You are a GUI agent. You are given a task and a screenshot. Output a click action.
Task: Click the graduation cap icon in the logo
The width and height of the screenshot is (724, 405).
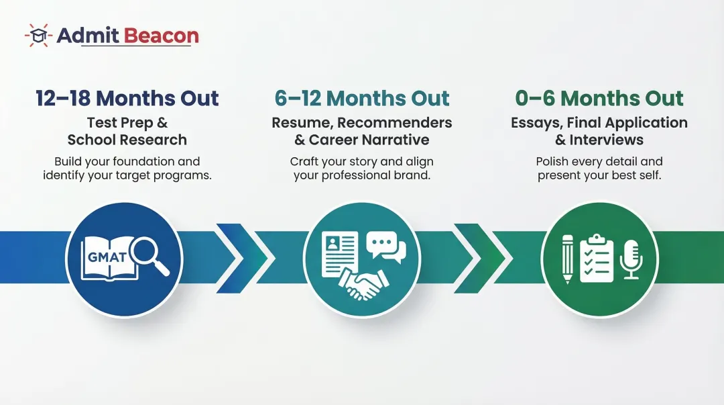tap(38, 36)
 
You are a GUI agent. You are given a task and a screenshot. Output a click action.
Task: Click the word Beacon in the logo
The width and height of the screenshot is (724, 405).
tap(163, 36)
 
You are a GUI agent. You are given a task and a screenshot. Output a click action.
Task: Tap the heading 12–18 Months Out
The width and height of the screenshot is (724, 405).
tap(127, 98)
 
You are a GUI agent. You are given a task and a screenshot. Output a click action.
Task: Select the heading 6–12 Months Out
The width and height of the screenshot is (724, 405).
tap(362, 98)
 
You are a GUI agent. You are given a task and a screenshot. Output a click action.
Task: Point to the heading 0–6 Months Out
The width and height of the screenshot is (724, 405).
tap(599, 98)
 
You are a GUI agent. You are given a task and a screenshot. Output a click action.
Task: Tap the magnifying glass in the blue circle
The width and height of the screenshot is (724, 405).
tap(149, 257)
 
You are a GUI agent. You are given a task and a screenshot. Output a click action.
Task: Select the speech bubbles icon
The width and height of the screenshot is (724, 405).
tap(386, 247)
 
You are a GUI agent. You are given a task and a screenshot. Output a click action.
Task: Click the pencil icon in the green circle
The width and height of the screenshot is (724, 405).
tap(568, 259)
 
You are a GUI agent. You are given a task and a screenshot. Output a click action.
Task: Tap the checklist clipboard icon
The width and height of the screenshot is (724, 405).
tap(597, 258)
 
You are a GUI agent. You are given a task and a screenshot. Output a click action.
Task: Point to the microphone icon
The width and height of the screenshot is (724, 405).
tap(630, 257)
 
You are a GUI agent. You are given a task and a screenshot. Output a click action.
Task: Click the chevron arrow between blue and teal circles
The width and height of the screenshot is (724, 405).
tap(241, 258)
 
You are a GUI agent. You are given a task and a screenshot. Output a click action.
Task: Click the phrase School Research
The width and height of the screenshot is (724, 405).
tap(127, 140)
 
